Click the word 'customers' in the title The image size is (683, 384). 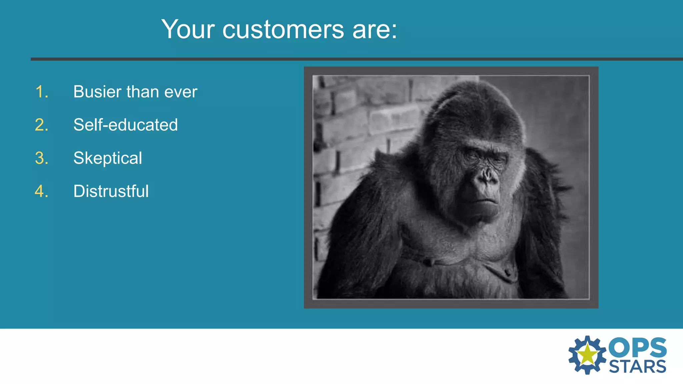[283, 30]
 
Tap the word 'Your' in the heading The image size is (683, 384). [188, 30]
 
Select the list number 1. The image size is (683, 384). [42, 92]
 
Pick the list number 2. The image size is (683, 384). [42, 125]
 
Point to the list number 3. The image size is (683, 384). [42, 158]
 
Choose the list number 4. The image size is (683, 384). [42, 191]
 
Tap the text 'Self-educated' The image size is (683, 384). [125, 125]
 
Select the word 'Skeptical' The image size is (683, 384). [107, 158]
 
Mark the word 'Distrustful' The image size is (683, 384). [111, 191]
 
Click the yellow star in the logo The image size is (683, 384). [587, 355]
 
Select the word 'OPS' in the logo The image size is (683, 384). [637, 347]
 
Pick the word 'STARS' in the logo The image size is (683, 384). [637, 367]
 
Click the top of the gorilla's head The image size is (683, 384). [474, 87]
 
